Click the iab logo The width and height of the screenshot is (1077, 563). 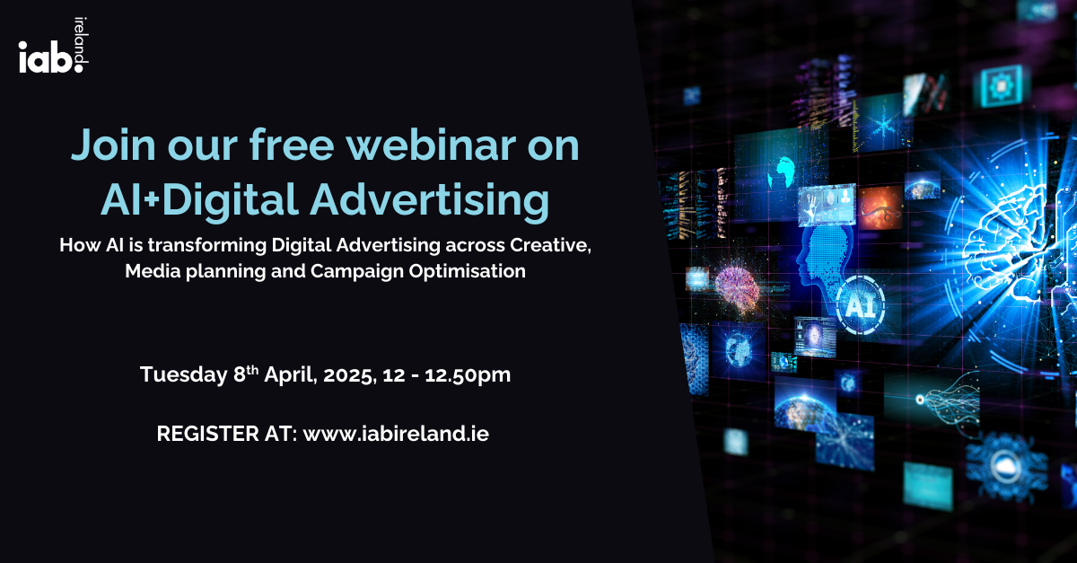(x=53, y=46)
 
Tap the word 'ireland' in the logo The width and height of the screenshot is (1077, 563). (x=82, y=41)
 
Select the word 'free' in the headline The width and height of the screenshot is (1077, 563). (x=292, y=145)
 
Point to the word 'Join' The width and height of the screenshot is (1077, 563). (x=113, y=145)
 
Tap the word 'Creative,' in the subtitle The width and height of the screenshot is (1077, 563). (x=550, y=245)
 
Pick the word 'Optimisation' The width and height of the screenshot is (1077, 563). (x=467, y=271)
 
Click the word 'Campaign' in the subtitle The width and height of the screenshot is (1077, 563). (x=357, y=272)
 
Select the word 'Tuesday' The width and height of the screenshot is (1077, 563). (x=184, y=374)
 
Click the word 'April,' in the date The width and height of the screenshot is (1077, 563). (x=291, y=374)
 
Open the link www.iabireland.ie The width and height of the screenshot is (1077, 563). (x=396, y=434)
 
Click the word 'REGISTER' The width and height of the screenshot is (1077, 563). (x=207, y=434)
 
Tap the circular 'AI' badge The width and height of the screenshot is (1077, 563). (x=860, y=305)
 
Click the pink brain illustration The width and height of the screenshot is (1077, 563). (x=737, y=288)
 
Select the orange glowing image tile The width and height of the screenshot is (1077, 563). (x=880, y=207)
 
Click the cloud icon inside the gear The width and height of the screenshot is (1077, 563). (x=1005, y=465)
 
